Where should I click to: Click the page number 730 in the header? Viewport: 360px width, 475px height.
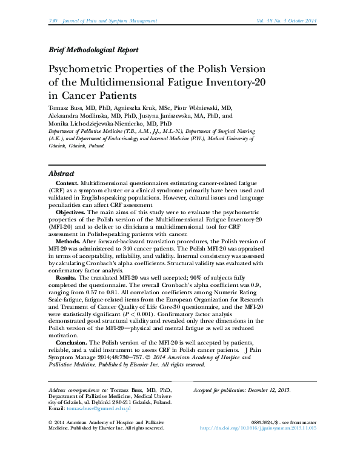coord(52,21)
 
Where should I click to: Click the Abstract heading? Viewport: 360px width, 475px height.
coord(61,173)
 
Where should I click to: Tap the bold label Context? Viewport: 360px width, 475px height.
coord(66,183)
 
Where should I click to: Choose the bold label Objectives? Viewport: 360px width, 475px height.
coord(72,212)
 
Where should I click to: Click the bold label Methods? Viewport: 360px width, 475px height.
coord(68,241)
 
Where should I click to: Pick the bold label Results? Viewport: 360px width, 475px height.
coord(66,278)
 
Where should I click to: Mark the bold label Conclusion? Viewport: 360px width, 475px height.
coord(72,343)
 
